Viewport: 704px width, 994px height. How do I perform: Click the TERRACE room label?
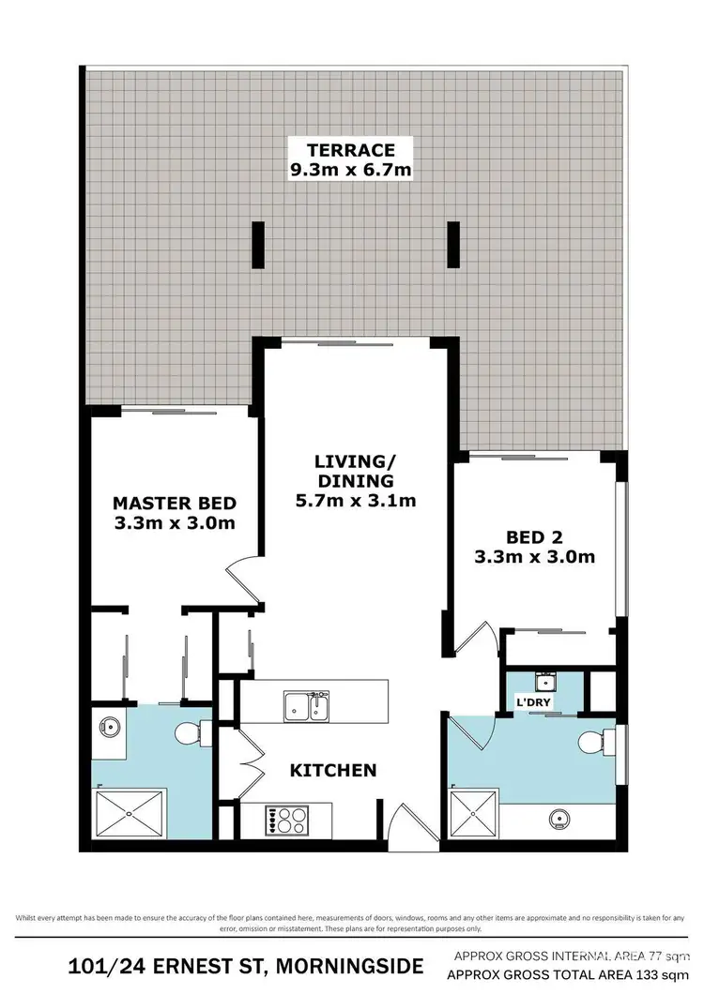coord(350,150)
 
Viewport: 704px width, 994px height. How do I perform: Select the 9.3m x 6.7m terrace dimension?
coord(350,170)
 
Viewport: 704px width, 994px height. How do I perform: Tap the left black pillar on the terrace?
coord(258,245)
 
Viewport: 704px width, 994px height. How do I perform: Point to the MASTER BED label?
coord(174,503)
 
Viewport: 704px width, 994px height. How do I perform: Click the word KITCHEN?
coord(332,770)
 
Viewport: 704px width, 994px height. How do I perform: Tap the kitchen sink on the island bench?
coord(307,706)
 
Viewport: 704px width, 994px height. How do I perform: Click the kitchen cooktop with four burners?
coord(289,820)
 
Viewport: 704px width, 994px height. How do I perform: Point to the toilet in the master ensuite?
coord(191,730)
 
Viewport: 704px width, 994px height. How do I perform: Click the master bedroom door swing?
coord(242,580)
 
